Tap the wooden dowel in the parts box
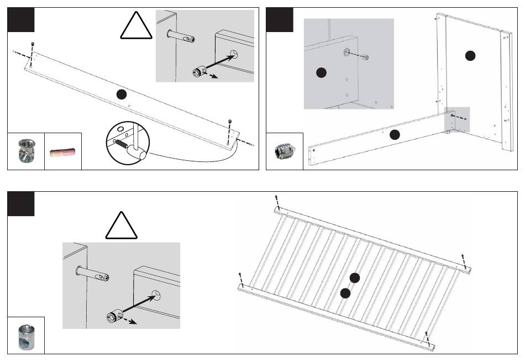tap(62, 151)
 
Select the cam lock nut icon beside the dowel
tap(25, 151)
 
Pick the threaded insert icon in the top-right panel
tap(285, 150)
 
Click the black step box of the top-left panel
tap(21, 20)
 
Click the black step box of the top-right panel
tap(280, 20)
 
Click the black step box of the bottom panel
tap(21, 203)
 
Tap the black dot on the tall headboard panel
tap(470, 55)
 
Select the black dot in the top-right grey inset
tap(321, 72)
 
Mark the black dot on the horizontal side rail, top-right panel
tap(394, 134)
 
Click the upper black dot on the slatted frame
tap(355, 278)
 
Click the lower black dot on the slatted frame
tap(345, 293)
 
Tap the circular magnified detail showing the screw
tap(127, 143)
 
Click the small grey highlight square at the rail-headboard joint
tap(457, 120)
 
